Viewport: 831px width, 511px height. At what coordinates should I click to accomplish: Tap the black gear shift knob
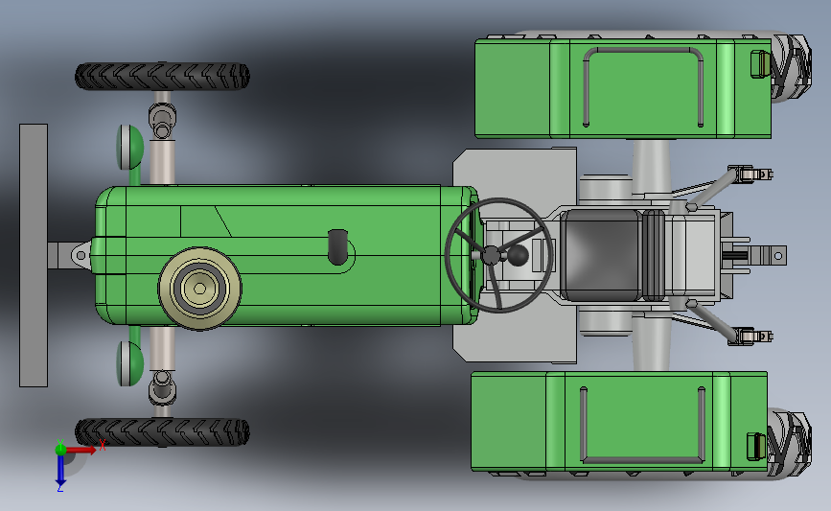[x=518, y=255]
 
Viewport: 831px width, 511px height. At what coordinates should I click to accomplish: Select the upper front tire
[x=162, y=77]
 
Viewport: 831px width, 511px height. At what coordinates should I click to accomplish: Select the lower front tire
[x=162, y=432]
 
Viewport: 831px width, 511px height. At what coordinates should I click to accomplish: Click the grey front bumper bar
[x=34, y=255]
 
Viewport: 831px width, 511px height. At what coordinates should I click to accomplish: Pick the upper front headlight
[x=129, y=148]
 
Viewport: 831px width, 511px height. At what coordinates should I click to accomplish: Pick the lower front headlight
[x=129, y=363]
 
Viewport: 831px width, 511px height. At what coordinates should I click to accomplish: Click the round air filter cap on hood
[x=199, y=289]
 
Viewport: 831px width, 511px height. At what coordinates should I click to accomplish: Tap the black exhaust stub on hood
[x=337, y=247]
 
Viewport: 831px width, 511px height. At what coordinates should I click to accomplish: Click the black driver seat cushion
[x=601, y=255]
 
